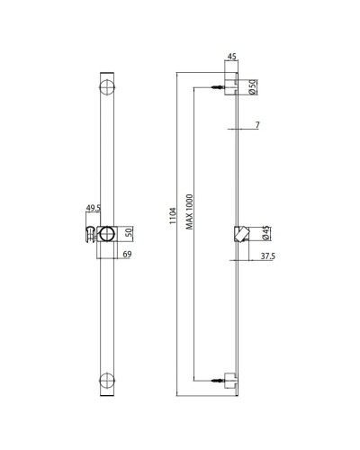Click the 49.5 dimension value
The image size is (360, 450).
tap(92, 209)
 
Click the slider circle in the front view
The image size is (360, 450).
tap(107, 235)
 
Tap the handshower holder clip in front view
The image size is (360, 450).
tap(90, 236)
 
